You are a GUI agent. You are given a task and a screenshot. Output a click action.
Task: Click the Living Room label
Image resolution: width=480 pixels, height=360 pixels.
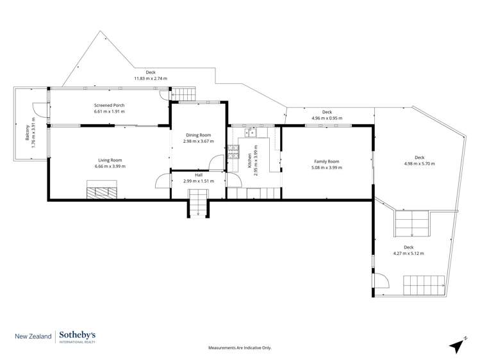click(110, 160)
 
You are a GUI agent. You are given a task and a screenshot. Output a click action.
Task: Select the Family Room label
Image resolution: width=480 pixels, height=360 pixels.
click(326, 161)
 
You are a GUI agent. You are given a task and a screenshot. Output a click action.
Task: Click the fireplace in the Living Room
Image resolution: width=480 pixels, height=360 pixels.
click(103, 191)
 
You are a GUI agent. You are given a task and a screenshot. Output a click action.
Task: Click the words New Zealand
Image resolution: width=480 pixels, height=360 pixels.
click(34, 336)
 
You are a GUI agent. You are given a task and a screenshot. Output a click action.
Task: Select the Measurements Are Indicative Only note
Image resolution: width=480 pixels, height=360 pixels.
click(240, 348)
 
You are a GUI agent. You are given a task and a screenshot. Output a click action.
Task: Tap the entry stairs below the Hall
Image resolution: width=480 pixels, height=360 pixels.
click(197, 207)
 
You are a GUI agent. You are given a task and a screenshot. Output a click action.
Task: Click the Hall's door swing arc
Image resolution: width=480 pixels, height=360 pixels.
click(161, 180)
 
